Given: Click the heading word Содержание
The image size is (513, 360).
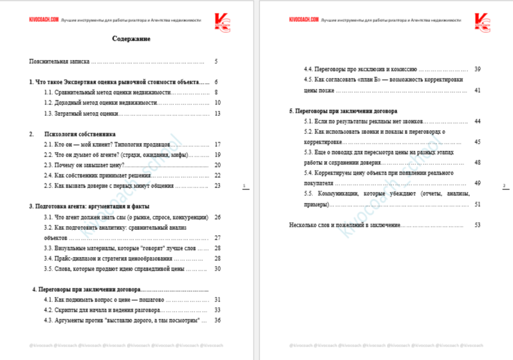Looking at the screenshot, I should (131, 39).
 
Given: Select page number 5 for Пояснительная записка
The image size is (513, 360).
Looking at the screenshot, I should (216, 62).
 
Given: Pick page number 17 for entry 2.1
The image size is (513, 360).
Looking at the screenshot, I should (217, 144).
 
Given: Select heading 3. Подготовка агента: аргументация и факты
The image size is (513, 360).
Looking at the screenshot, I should (89, 206).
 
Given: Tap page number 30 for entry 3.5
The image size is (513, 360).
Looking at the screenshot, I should (217, 269).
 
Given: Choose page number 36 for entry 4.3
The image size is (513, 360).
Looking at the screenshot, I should (217, 320).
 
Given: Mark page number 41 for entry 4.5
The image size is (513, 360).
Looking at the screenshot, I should (477, 90).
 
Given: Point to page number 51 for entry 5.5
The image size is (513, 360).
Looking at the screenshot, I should (477, 204).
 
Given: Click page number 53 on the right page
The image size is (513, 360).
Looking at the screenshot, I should (477, 225).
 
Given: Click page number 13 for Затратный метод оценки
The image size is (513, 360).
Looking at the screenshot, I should (217, 113).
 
